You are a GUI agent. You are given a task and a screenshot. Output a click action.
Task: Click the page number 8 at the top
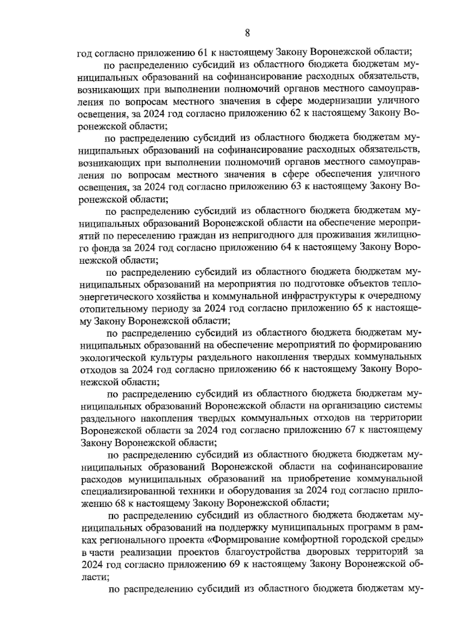(247, 33)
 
